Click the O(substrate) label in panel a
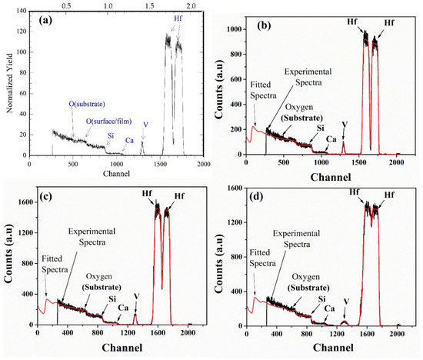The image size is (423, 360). pos(69,106)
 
